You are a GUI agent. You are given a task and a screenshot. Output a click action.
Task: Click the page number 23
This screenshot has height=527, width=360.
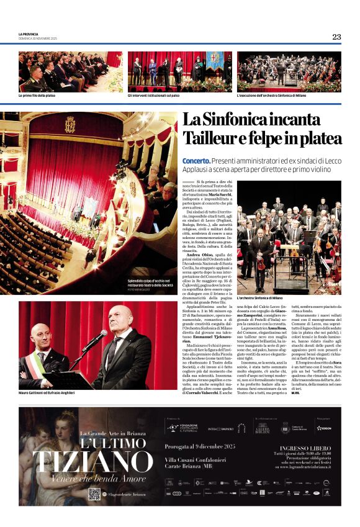pos(336,37)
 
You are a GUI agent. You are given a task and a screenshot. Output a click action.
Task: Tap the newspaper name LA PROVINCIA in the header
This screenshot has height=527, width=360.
pos(29,34)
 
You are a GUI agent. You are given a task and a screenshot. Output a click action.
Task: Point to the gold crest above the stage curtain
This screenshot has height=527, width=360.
pos(70,125)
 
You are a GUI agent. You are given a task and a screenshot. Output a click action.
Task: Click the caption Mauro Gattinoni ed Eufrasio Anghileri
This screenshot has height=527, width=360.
pos(47,392)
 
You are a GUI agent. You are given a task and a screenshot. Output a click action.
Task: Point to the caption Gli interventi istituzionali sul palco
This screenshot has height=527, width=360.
pos(155,96)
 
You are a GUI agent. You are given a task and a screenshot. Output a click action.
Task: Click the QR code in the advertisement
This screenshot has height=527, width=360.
pos(94,493)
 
